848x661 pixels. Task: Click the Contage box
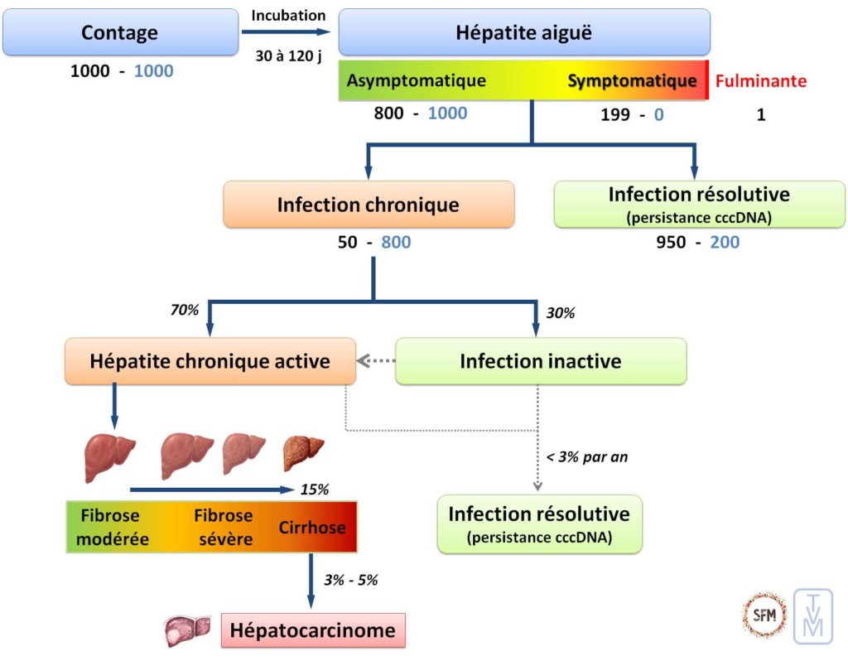click(119, 33)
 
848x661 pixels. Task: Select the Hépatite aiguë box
click(524, 33)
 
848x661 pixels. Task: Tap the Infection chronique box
click(369, 205)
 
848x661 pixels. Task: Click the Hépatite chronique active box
click(210, 361)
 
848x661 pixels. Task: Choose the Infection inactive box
click(541, 361)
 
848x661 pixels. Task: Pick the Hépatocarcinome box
click(313, 631)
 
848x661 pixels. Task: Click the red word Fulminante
click(760, 81)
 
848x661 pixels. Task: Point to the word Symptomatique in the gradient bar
click(632, 81)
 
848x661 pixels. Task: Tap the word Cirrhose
click(312, 528)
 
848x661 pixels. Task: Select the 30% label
click(561, 313)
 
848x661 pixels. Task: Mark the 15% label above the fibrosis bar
click(315, 489)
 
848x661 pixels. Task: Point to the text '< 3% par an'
click(587, 457)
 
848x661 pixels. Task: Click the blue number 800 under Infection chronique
click(396, 243)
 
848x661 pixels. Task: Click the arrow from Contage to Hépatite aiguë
click(285, 33)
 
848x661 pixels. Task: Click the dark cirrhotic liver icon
click(303, 450)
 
